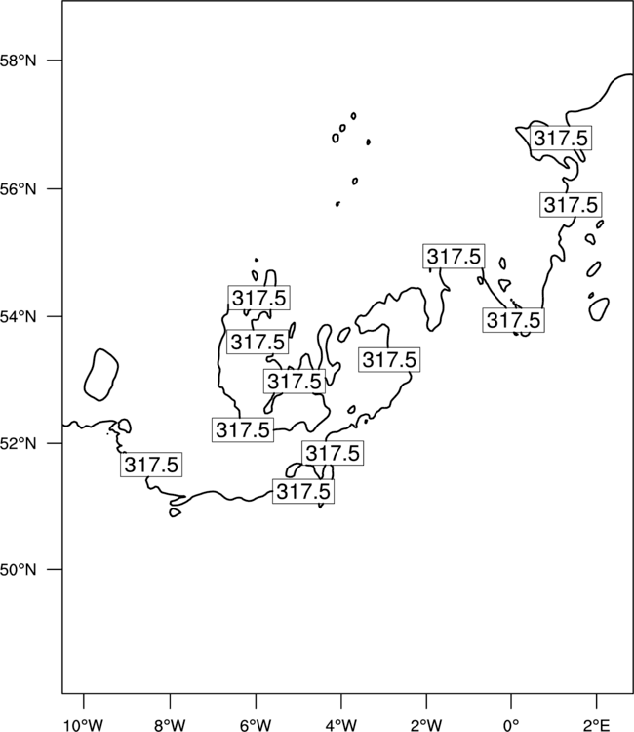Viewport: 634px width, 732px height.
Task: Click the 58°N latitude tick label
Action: [18, 61]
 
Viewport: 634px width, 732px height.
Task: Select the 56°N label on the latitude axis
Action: [18, 189]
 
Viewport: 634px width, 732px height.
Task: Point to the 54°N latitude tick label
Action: [18, 317]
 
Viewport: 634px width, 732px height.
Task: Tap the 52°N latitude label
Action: [18, 443]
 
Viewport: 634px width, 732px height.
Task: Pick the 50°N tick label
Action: [18, 570]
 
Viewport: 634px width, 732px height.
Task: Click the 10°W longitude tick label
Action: [84, 725]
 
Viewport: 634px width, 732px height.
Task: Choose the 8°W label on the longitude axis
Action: [170, 725]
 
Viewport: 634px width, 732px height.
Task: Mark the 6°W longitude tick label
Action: [256, 725]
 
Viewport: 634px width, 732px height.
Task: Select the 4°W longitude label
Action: [341, 725]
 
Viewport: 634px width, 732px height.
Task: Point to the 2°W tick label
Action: [426, 725]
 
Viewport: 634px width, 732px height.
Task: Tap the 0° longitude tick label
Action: [511, 725]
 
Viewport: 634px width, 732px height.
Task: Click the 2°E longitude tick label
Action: [597, 725]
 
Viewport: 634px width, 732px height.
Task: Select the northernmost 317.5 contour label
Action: [561, 139]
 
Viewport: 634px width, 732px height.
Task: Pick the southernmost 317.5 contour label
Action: [303, 491]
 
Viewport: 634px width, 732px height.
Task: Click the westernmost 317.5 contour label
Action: [151, 465]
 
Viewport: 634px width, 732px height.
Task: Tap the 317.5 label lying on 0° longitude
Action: [514, 320]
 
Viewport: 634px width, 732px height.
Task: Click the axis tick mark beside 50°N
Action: [55, 570]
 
